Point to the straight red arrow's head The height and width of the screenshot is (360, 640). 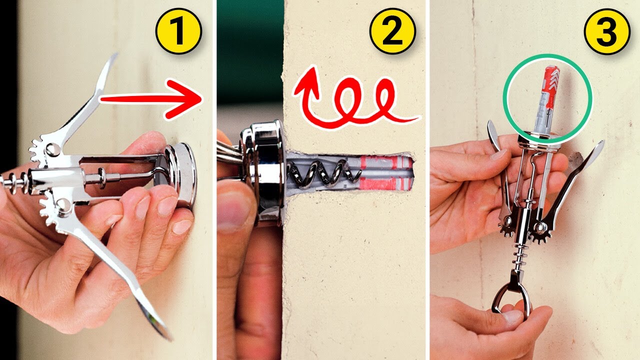(192, 100)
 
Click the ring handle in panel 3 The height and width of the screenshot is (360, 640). (511, 300)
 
